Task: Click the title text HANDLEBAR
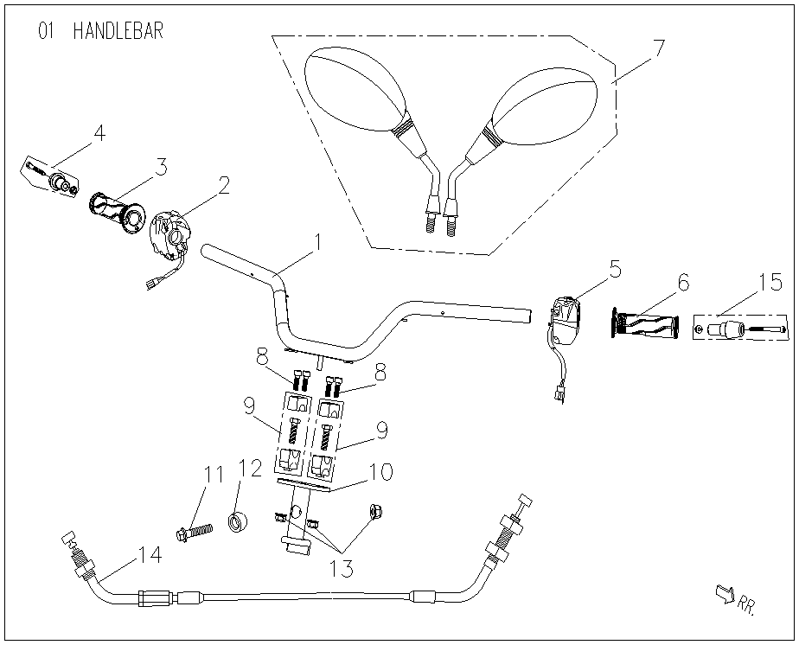(118, 31)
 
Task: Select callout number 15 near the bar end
(770, 282)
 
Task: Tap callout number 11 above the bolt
(213, 474)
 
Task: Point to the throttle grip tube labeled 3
(117, 212)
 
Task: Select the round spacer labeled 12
(237, 521)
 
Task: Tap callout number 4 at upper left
(99, 133)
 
